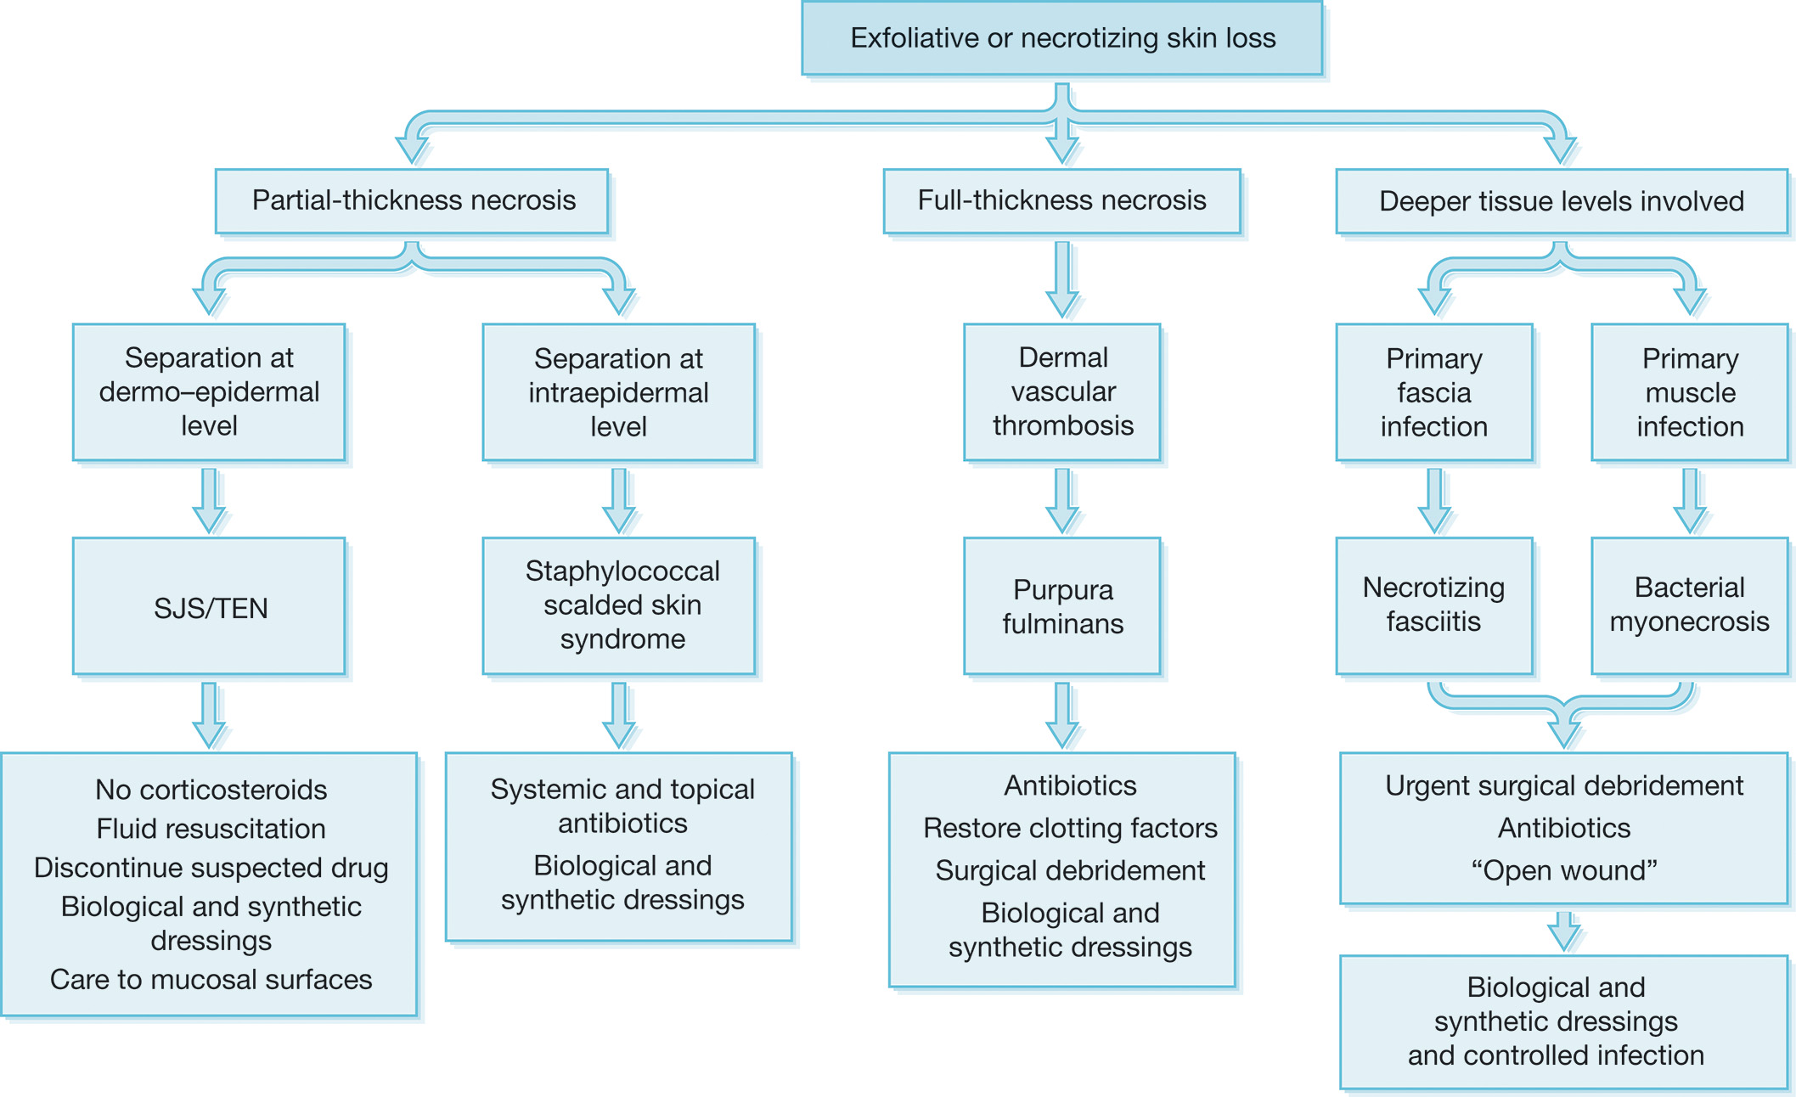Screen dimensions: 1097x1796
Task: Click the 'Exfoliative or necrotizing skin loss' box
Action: tap(1061, 38)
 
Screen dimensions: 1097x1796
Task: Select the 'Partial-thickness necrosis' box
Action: tap(413, 200)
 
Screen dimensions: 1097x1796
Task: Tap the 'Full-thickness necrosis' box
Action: tap(1061, 200)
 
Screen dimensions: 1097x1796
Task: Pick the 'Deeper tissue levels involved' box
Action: tap(1561, 201)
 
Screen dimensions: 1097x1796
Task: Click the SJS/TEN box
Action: tap(209, 606)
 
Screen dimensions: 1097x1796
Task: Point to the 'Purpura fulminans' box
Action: tap(1061, 606)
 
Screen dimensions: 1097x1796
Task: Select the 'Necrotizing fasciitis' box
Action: tap(1433, 605)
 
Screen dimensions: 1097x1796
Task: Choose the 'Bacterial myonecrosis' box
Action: tap(1689, 605)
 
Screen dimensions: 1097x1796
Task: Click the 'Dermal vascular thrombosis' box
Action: tap(1061, 391)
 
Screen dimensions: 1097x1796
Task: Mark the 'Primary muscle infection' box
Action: tap(1689, 391)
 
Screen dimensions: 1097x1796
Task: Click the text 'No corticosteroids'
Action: tap(211, 790)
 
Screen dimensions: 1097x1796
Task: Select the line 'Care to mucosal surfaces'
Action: tap(211, 979)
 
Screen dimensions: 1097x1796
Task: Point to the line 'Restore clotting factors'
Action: tap(1070, 828)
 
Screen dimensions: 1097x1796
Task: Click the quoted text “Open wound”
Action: tap(1563, 870)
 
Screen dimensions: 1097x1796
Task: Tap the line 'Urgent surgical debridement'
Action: tap(1563, 785)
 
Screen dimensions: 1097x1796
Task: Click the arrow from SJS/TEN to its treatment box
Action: tap(209, 714)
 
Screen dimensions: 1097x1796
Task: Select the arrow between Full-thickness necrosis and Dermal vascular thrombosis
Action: tap(1062, 279)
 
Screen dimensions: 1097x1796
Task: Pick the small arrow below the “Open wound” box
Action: tap(1564, 931)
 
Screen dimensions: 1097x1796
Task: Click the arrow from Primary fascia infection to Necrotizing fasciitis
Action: tap(1434, 500)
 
